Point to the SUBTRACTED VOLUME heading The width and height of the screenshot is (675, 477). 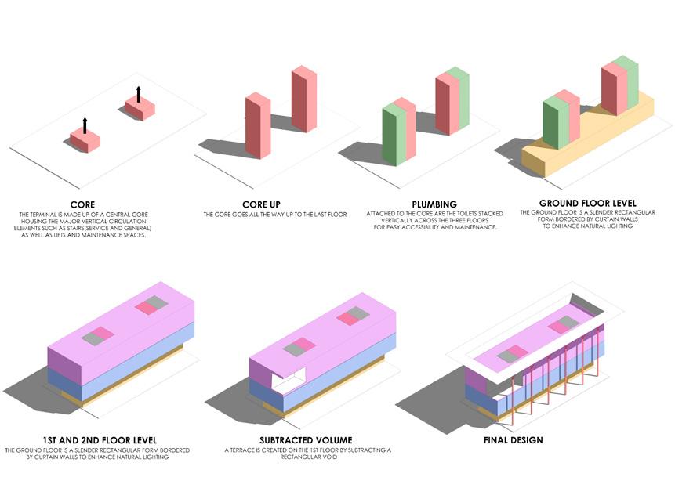(x=306, y=440)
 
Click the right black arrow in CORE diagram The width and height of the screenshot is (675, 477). (x=139, y=93)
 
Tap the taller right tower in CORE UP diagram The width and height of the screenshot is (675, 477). (x=303, y=99)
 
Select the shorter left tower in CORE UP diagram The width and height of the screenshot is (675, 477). (x=257, y=125)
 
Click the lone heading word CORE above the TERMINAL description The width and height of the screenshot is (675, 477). (x=82, y=204)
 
